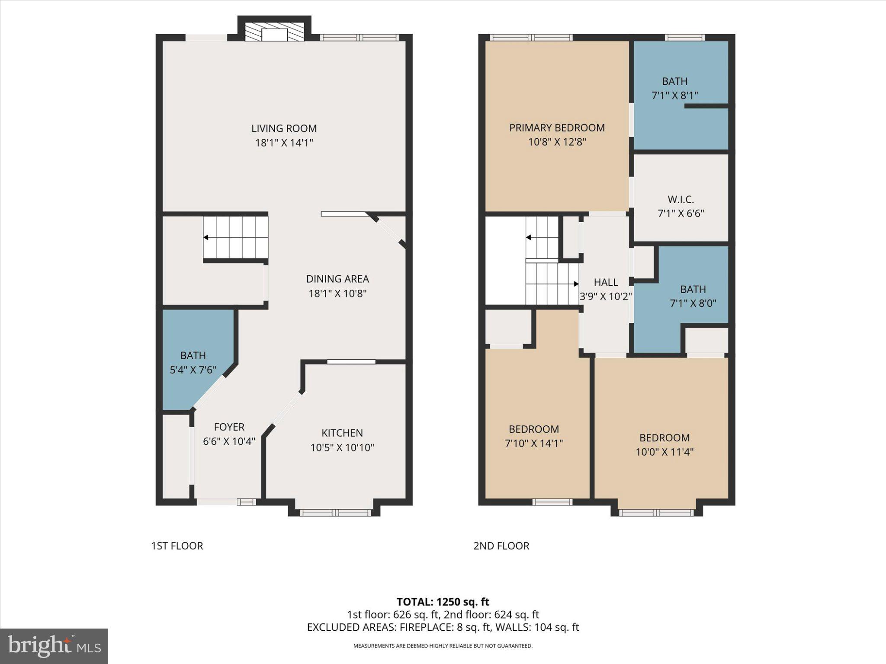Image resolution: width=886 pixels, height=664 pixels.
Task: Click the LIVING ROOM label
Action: [284, 128]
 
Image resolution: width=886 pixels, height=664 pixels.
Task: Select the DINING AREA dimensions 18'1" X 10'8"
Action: [337, 294]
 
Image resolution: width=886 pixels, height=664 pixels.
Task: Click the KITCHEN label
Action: [342, 433]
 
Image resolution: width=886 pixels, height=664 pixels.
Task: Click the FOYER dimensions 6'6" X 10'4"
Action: [229, 441]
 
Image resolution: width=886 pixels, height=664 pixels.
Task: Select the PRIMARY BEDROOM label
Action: [557, 128]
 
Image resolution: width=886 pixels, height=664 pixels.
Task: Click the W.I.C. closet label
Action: [681, 199]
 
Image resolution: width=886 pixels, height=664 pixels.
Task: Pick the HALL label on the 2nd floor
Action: [606, 282]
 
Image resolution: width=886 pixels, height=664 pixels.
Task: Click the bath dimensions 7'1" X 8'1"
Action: [674, 95]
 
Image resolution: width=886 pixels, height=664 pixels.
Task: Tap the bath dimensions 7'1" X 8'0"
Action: [693, 303]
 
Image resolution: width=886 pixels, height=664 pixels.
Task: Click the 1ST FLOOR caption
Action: [177, 546]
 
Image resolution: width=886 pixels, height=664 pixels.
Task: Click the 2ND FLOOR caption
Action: [501, 546]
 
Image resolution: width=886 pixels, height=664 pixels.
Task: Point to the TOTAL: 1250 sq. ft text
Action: [443, 601]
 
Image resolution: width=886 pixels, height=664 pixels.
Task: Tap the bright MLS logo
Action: [54, 646]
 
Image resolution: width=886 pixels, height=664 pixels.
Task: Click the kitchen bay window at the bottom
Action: [335, 513]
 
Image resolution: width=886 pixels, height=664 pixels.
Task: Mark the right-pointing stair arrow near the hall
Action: [576, 284]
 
